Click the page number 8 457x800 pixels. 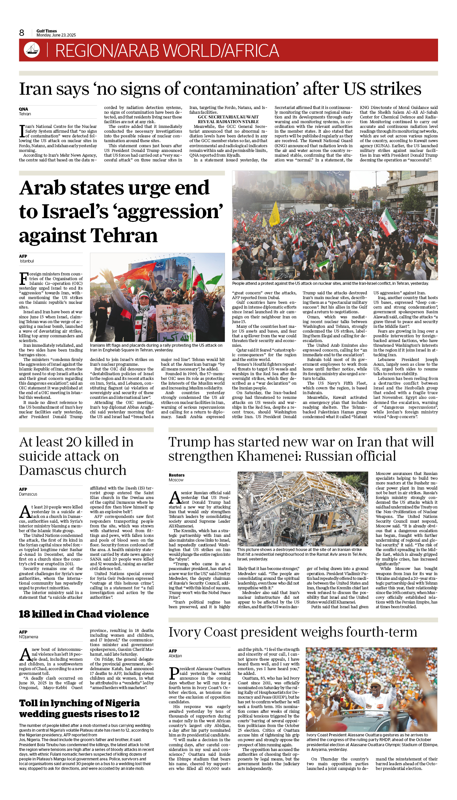[22, 33]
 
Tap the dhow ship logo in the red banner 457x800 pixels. [32, 49]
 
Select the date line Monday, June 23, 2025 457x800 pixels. [56, 35]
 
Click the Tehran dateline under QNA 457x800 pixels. [25, 114]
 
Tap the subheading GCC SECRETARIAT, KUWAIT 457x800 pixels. [228, 117]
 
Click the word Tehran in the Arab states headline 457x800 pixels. [124, 236]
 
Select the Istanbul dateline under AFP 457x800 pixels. [27, 261]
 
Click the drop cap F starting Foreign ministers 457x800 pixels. [24, 278]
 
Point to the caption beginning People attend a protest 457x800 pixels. [330, 283]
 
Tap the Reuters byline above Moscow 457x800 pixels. [177, 475]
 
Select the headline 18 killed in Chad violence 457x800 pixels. [84, 614]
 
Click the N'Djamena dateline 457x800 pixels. [28, 637]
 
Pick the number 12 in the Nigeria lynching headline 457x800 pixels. [134, 714]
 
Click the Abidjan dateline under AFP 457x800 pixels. [175, 656]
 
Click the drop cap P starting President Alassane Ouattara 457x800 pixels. [174, 673]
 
